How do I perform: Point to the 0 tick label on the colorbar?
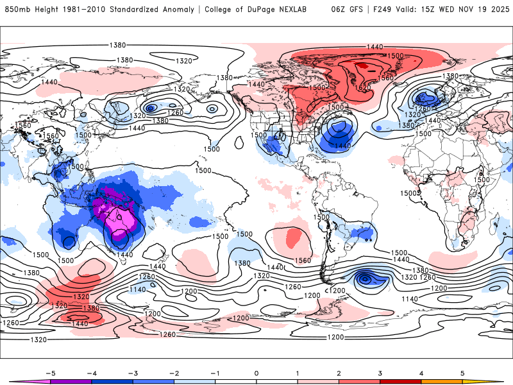[256, 372]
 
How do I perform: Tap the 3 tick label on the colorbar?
[380, 372]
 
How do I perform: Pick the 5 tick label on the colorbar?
[463, 372]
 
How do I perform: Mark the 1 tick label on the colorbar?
[298, 372]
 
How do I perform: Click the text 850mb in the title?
[18, 10]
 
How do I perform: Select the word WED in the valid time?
[447, 10]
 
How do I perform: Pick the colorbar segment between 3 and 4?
[401, 382]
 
